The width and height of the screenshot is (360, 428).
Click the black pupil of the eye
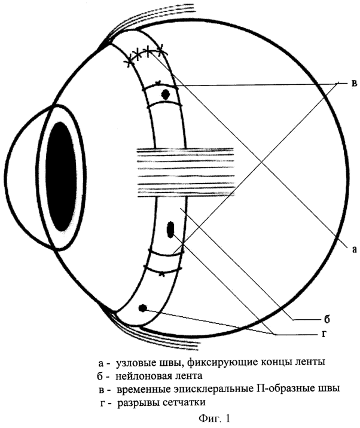point(61,176)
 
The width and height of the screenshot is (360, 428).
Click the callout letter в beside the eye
point(354,84)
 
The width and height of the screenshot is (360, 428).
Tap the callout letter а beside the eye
point(354,249)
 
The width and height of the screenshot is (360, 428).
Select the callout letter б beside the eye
point(327,318)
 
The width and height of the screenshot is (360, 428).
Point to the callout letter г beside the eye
point(324,334)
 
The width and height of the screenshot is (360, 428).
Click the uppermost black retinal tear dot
point(166,94)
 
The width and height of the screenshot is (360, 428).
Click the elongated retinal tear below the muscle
point(170,230)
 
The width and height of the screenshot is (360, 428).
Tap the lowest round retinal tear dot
point(142,308)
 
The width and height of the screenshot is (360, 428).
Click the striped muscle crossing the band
point(185,172)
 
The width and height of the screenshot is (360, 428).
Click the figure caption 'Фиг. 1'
point(215,418)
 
